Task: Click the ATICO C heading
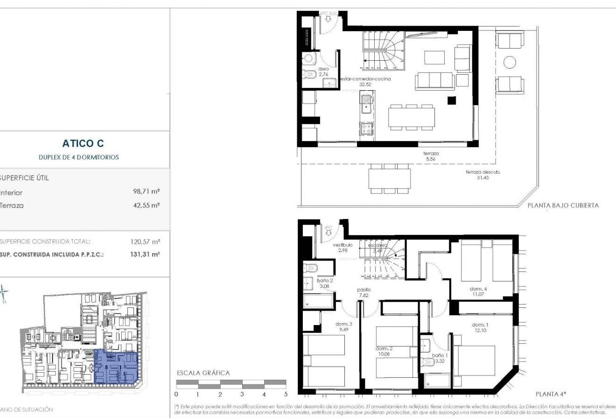(x=83, y=144)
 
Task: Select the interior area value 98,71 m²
(x=147, y=192)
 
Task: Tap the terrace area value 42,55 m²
(x=147, y=205)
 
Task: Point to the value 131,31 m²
(x=145, y=255)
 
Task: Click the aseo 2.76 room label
(x=324, y=71)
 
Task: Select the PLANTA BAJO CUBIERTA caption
(x=563, y=205)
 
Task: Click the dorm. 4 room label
(x=478, y=291)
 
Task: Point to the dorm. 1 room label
(x=480, y=327)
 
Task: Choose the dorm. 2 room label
(x=385, y=351)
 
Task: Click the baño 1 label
(x=440, y=358)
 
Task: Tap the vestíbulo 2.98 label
(x=343, y=248)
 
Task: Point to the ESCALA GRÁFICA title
(x=203, y=373)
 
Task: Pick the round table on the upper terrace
(x=510, y=62)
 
